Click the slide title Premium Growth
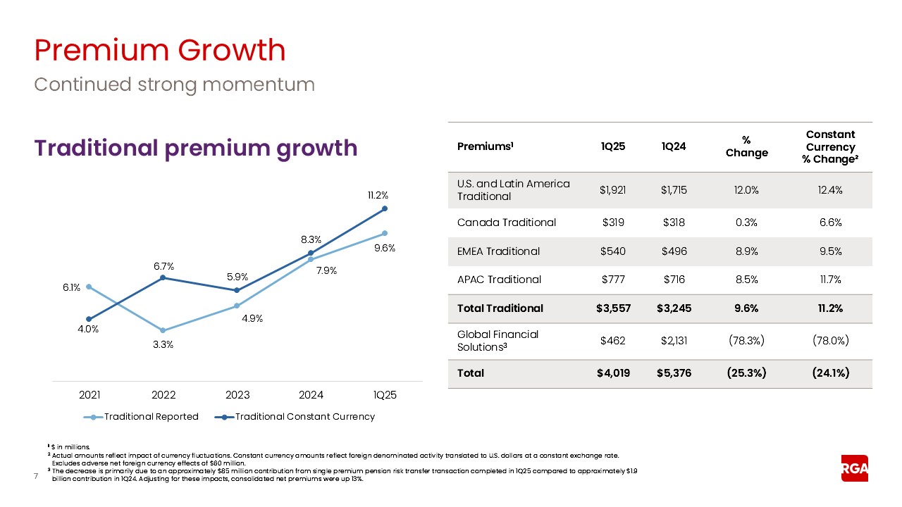click(x=160, y=51)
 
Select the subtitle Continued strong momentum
click(x=174, y=84)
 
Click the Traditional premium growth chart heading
click(x=196, y=148)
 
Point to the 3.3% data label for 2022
click(x=163, y=344)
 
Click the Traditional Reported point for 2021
click(x=89, y=287)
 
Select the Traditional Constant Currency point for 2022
click(x=163, y=277)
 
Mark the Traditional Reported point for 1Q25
click(x=385, y=232)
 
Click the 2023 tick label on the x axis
click(x=237, y=395)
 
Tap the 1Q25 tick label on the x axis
click(x=385, y=395)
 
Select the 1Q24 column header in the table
click(x=673, y=146)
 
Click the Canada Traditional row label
click(x=507, y=223)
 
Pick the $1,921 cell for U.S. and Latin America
click(x=613, y=189)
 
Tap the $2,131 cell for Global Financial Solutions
click(x=673, y=341)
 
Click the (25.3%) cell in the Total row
click(x=747, y=373)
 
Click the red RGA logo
click(x=854, y=469)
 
